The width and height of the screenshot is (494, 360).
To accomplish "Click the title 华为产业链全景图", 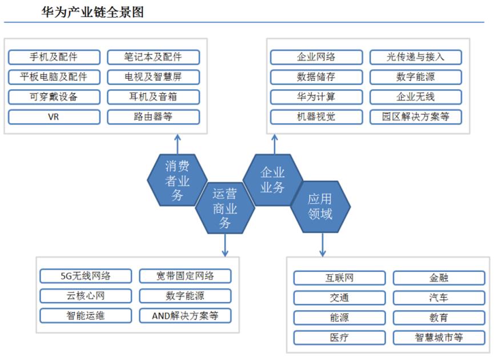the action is [93, 12].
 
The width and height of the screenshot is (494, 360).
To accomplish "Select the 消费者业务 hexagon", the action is [178, 181].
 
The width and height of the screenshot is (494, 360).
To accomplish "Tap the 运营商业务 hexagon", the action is [225, 208].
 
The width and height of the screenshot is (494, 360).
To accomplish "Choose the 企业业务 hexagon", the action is [273, 180].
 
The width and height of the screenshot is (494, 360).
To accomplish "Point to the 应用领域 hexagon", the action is [320, 207].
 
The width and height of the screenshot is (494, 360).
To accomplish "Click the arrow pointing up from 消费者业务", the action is [178, 145].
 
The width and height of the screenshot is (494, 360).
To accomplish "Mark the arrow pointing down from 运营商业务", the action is [225, 245].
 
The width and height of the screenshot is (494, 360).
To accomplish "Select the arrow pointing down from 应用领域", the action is [322, 245].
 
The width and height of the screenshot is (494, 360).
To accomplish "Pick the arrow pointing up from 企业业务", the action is [274, 145].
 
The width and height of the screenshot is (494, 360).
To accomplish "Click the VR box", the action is [54, 117].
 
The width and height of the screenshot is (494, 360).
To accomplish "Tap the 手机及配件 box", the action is [54, 57].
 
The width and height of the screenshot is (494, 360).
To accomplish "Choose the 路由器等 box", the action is [154, 117].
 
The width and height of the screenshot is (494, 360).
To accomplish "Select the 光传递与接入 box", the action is [416, 57].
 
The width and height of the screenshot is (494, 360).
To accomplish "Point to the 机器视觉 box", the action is [316, 117].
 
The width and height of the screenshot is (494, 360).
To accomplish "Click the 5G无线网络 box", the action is [86, 276].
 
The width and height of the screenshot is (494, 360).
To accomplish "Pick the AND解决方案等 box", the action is [185, 316].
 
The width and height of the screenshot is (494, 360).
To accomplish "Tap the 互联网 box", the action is [340, 278].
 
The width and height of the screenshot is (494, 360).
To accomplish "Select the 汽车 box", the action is [439, 298].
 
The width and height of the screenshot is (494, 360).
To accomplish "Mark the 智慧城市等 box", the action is [439, 338].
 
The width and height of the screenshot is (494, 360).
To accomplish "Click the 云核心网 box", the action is [86, 296].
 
